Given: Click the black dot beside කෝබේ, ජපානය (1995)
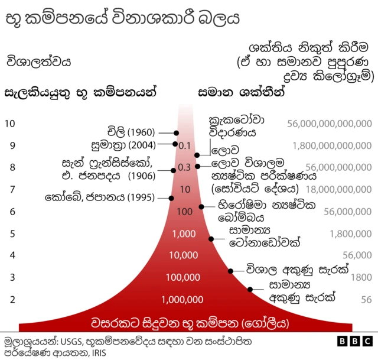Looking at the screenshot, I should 171,198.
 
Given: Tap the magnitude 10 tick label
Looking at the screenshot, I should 9,124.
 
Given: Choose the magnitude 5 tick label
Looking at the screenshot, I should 12,233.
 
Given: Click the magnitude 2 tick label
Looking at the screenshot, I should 12,299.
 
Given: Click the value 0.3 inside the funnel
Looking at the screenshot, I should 185,167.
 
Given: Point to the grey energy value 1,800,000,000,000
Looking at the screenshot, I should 332,145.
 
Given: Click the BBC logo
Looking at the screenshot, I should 354,342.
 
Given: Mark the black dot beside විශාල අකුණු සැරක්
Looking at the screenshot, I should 231,271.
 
